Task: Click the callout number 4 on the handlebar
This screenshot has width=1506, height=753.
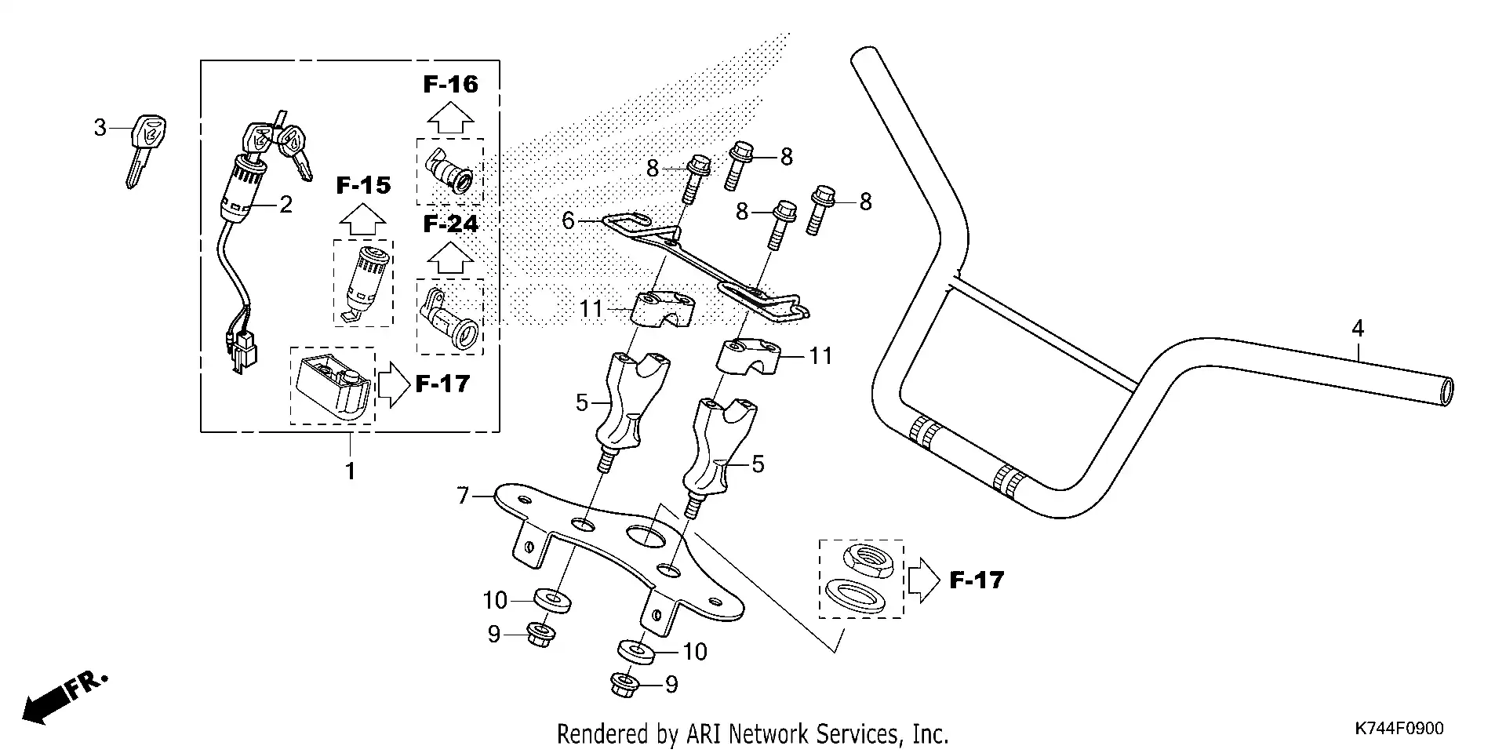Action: coord(1358,329)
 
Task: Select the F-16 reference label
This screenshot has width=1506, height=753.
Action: coord(450,85)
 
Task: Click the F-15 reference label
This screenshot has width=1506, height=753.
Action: coord(363,186)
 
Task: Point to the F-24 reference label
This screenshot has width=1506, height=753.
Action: coord(450,224)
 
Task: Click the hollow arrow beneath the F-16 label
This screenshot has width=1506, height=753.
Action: coord(450,118)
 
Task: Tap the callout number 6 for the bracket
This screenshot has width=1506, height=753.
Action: coord(569,221)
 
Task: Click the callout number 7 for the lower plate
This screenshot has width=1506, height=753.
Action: coord(463,496)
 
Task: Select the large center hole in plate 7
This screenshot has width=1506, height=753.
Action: coord(643,537)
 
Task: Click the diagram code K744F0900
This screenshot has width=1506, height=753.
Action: coord(1399,729)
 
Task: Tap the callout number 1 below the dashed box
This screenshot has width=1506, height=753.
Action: coord(351,471)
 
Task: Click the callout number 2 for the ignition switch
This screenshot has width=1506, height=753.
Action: coord(286,206)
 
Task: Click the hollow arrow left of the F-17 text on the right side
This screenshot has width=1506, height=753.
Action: coord(923,580)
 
